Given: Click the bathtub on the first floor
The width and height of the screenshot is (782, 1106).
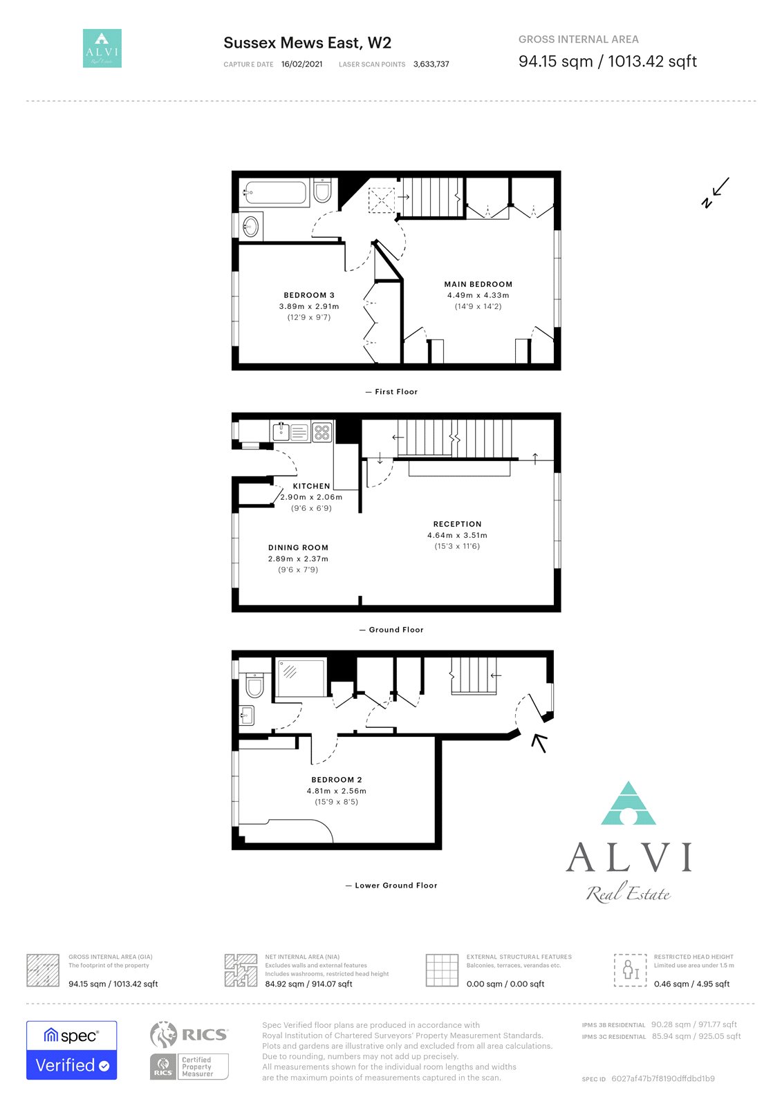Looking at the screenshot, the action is click(x=275, y=193).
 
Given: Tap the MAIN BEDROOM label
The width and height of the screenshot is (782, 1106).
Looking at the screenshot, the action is click(x=478, y=284).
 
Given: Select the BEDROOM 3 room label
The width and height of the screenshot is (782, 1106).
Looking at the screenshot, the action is click(x=309, y=295).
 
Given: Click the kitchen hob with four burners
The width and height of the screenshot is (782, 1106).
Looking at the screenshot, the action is click(x=322, y=432).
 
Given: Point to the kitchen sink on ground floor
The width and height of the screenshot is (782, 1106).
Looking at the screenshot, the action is click(x=281, y=431).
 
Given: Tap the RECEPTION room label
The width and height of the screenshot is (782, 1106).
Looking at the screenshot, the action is click(x=457, y=524).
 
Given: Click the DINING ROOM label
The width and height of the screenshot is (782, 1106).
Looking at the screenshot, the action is click(x=298, y=547).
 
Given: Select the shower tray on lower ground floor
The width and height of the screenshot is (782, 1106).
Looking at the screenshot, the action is click(x=301, y=678).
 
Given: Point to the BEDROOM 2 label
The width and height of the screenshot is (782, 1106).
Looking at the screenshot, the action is click(x=337, y=780).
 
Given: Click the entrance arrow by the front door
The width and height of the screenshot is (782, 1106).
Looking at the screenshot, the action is click(x=539, y=743).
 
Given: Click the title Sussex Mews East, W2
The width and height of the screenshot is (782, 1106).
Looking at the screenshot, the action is click(x=307, y=43).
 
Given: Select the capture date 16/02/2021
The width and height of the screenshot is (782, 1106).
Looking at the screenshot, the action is click(x=302, y=64).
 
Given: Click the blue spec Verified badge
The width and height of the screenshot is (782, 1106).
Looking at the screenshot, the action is click(x=72, y=1050).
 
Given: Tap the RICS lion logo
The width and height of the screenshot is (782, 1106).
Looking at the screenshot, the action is click(x=163, y=1034).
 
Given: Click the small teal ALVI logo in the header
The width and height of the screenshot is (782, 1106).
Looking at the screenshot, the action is click(x=102, y=48).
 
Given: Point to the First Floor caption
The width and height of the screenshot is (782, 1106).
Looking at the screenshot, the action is click(x=396, y=391).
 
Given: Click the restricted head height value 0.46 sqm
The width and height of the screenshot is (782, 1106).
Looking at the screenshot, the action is click(x=671, y=984).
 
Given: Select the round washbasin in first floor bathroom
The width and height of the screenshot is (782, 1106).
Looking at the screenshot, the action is click(x=250, y=227).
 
